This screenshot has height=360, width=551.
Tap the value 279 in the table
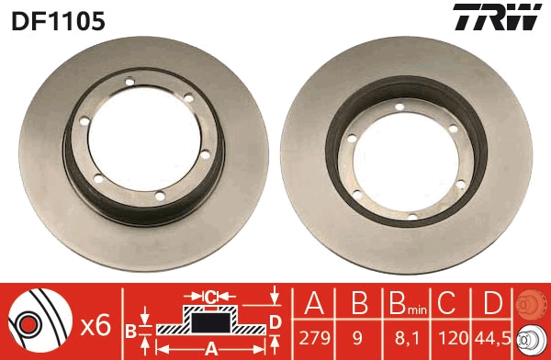coord(313,338)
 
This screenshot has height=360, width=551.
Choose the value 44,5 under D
coord(491,338)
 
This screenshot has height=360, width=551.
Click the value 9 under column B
coord(358,338)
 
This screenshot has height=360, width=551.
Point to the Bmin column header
coord(404,305)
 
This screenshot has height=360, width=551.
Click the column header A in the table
coord(313,304)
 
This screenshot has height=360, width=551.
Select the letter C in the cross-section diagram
coord(210,296)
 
